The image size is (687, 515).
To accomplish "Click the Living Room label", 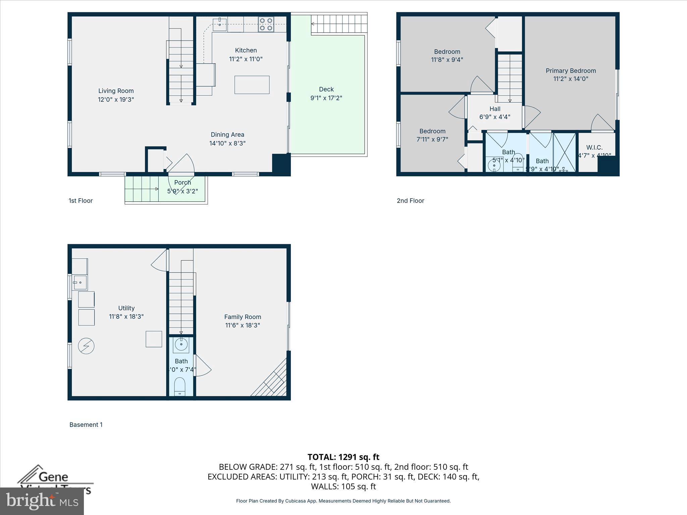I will coord(116,91).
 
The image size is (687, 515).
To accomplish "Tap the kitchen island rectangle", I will coord(252,85).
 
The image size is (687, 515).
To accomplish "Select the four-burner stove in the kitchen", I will coord(266,24).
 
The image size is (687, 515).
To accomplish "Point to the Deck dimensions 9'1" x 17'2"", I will coord(326,98).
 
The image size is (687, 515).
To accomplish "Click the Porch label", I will coord(182,182).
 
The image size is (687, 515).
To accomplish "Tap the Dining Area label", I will coord(227,134).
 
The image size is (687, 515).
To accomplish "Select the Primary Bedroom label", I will coord(571,71).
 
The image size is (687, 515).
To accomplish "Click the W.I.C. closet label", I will coord(594,147).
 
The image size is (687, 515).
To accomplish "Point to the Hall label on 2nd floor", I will coord(494,109).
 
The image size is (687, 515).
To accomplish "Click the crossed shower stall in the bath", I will coord(564,152).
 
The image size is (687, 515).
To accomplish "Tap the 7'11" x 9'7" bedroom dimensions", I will coord(432,139).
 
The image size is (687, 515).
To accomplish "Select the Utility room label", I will coord(126,308).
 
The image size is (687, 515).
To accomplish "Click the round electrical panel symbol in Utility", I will coord(86,346).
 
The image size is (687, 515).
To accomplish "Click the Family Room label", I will coord(243,317).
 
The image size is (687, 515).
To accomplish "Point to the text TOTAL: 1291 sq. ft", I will coord(343,457).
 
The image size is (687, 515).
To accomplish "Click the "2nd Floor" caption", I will coord(410,201).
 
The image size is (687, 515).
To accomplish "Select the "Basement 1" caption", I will coord(86,424).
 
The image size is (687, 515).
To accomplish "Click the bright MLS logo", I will coord(42,501).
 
